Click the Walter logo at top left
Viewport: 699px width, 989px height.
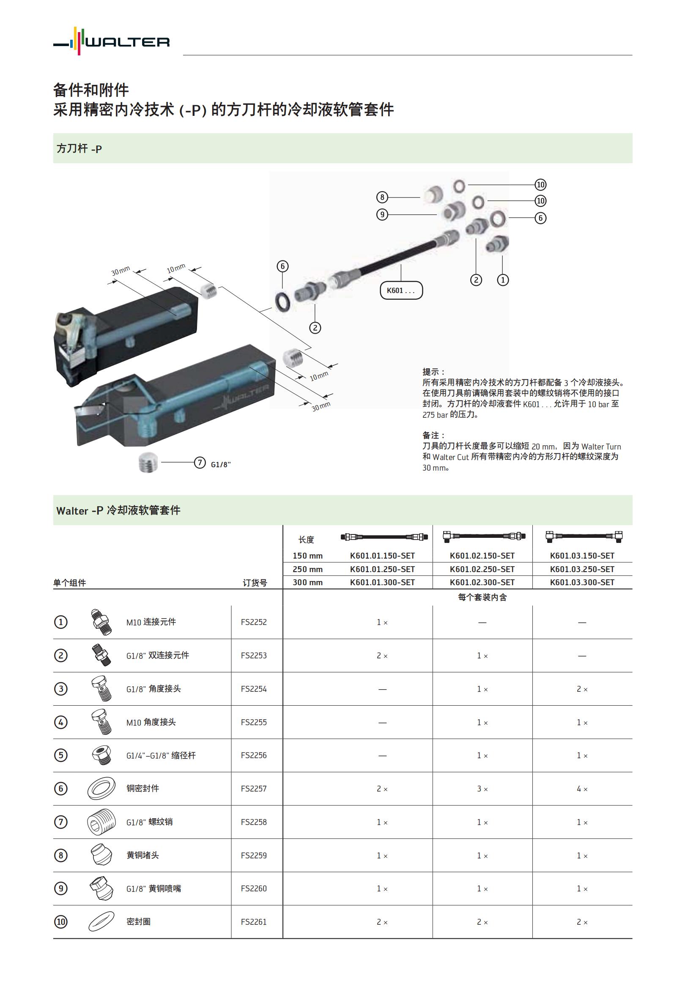click(111, 41)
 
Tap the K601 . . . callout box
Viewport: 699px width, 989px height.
click(401, 290)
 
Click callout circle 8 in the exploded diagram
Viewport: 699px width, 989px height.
click(382, 197)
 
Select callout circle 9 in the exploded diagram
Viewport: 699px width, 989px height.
click(382, 214)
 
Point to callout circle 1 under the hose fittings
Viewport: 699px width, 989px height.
click(503, 280)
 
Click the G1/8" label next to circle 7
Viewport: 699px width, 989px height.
click(220, 464)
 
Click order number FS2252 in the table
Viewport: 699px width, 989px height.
click(254, 622)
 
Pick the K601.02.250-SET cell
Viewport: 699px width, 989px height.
click(482, 569)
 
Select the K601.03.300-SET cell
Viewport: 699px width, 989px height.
click(582, 582)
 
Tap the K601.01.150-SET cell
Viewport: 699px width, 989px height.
click(382, 556)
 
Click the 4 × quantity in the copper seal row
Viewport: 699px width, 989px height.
click(582, 789)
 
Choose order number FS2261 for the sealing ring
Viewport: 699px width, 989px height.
click(254, 922)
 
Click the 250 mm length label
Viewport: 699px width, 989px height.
click(307, 569)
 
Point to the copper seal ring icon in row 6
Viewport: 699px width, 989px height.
click(101, 789)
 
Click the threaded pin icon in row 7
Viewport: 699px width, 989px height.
click(101, 822)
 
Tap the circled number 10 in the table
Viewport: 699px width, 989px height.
click(61, 922)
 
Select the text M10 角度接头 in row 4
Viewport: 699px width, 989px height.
click(151, 722)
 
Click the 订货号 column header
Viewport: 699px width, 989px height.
click(255, 583)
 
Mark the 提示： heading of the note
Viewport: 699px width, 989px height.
click(433, 372)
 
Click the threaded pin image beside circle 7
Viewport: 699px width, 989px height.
click(149, 463)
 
